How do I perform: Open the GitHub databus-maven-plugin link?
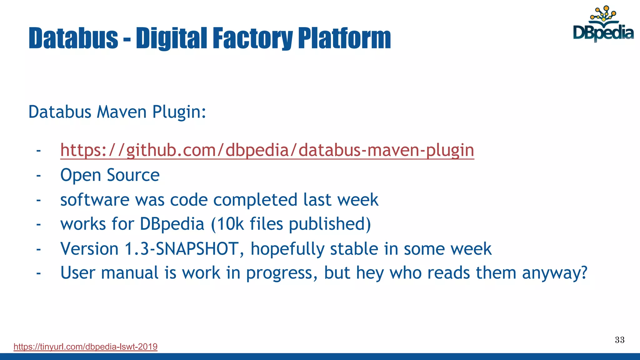coord(267,150)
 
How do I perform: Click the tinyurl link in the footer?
coord(85,347)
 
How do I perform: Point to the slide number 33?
coord(619,340)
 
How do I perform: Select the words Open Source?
coord(110,175)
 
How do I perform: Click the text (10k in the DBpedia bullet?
coord(227,224)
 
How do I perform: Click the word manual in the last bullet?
coord(130,273)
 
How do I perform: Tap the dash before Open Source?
coord(38,175)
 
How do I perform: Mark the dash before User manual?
coord(38,273)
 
